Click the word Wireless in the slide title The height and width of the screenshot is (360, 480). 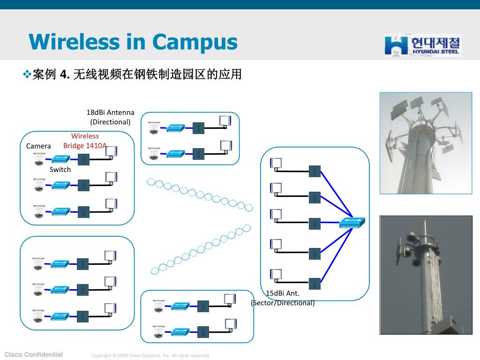(x=74, y=42)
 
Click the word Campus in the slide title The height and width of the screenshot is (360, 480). (x=195, y=43)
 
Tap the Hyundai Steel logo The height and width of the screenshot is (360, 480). (x=423, y=45)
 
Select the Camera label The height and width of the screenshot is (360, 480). (x=38, y=146)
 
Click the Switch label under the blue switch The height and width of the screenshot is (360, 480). (x=60, y=170)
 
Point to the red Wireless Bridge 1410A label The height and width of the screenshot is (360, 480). (x=85, y=141)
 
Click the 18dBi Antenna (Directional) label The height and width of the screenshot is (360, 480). (x=110, y=117)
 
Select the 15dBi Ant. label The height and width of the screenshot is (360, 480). (x=283, y=293)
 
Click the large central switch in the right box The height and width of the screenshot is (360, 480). (x=352, y=223)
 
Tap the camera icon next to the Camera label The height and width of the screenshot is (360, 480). (x=39, y=159)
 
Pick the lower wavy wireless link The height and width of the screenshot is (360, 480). (x=201, y=249)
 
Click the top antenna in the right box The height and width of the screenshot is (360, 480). (x=276, y=164)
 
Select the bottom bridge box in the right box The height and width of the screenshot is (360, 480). (x=315, y=284)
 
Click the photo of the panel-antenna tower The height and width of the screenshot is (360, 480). (x=426, y=143)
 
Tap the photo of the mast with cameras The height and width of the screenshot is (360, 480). (x=426, y=275)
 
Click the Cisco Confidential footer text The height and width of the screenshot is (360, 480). (x=33, y=354)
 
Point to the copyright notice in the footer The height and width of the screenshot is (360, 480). (x=150, y=355)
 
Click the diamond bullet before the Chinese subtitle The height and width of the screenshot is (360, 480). (x=27, y=74)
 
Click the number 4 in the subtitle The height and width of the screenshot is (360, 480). (x=63, y=75)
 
